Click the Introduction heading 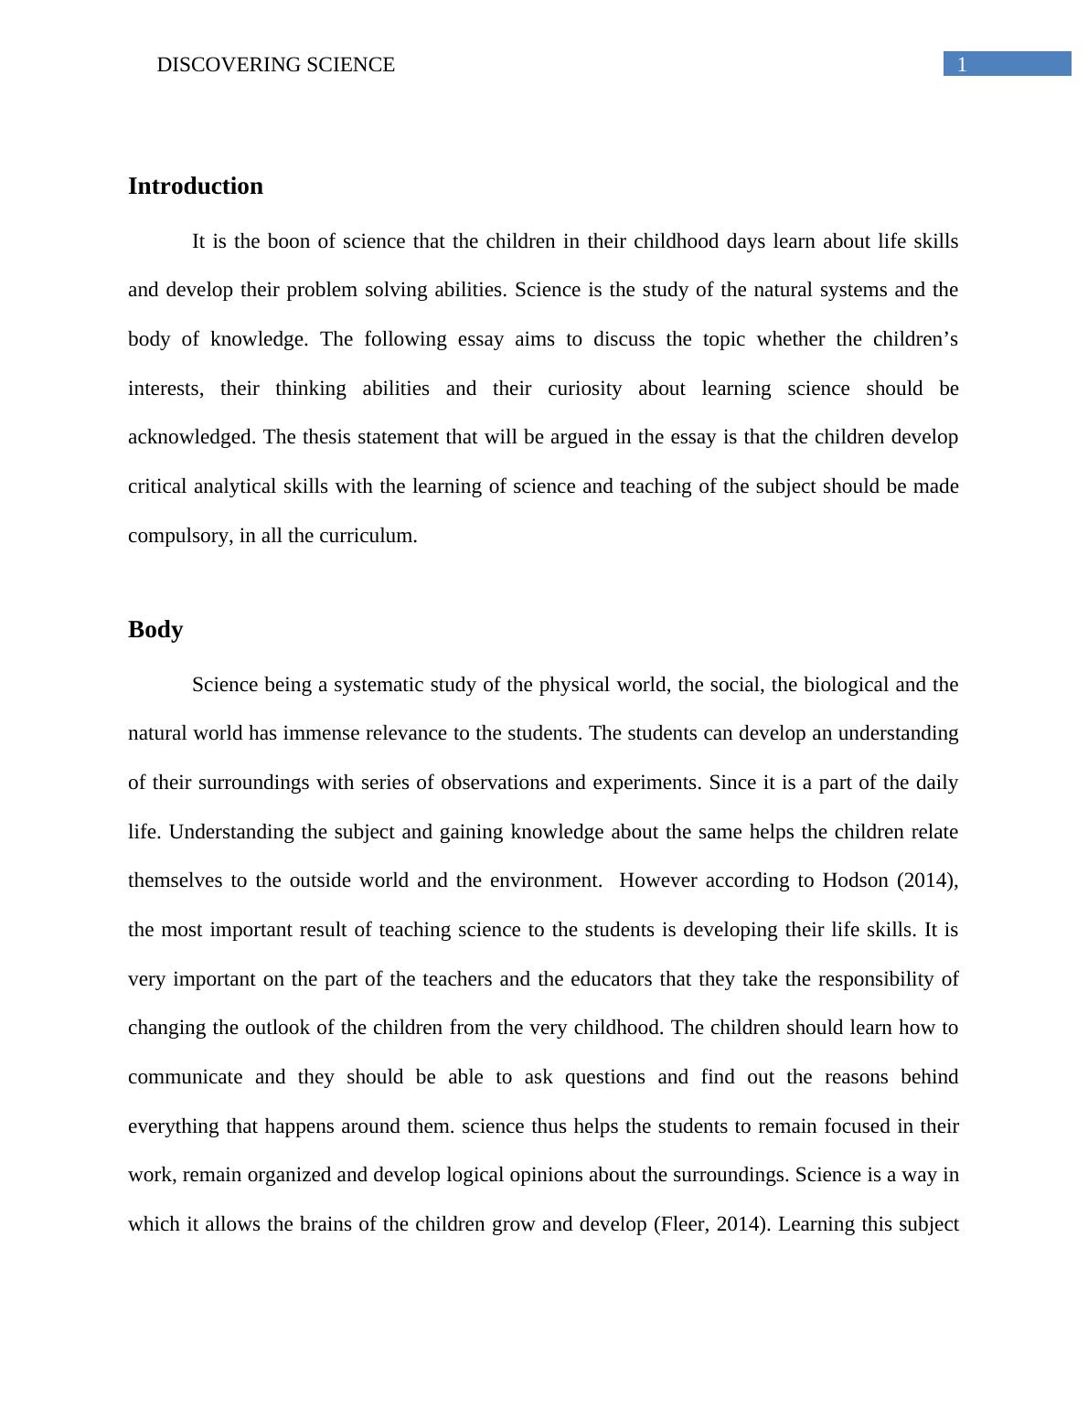(x=195, y=187)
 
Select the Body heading (x=155, y=630)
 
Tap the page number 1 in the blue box (x=962, y=64)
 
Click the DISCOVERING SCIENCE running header (x=276, y=65)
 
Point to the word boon (x=288, y=241)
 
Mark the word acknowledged (x=192, y=437)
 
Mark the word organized (x=285, y=1175)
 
